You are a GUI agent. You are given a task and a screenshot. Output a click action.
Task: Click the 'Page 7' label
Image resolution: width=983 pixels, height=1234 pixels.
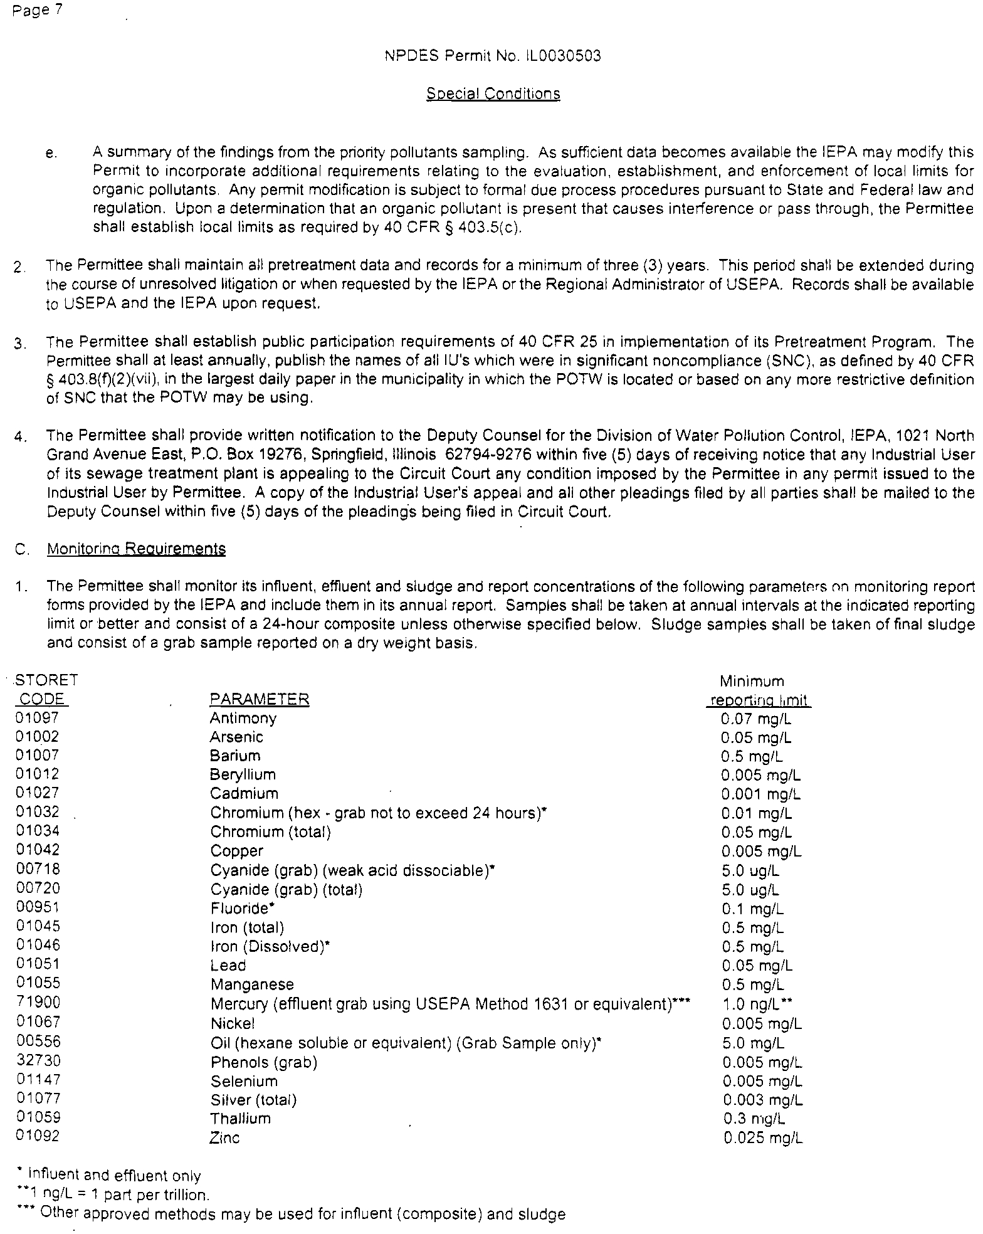click(x=36, y=11)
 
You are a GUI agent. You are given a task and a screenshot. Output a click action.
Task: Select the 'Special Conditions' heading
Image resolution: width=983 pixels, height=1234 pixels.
click(x=493, y=94)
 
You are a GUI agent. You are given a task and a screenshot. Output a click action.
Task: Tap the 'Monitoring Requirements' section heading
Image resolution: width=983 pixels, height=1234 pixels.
click(x=136, y=549)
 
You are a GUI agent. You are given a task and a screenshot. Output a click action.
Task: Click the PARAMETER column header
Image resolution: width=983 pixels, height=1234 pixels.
click(x=259, y=699)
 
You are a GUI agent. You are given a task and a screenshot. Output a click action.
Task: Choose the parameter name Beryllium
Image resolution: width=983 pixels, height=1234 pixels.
click(x=243, y=775)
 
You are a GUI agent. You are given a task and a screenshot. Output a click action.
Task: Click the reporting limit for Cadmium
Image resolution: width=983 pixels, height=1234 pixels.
click(x=760, y=794)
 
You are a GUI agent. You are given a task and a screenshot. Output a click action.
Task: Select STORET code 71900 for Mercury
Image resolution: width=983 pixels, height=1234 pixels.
click(x=38, y=1003)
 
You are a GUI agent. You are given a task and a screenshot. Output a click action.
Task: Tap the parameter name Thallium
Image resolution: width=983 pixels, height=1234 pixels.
click(x=240, y=1119)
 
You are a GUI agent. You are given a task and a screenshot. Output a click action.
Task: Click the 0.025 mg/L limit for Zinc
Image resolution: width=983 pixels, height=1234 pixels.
click(x=762, y=1138)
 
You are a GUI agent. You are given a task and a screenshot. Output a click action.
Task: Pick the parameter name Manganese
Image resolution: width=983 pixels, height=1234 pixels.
click(x=252, y=984)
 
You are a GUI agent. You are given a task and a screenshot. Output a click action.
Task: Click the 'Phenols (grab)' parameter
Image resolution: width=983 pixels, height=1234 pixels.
click(x=263, y=1062)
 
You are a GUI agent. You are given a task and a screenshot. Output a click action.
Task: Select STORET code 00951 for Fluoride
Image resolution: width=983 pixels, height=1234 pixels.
click(x=38, y=907)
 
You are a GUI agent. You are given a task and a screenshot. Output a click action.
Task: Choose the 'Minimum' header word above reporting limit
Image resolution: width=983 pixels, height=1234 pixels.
click(x=752, y=681)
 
